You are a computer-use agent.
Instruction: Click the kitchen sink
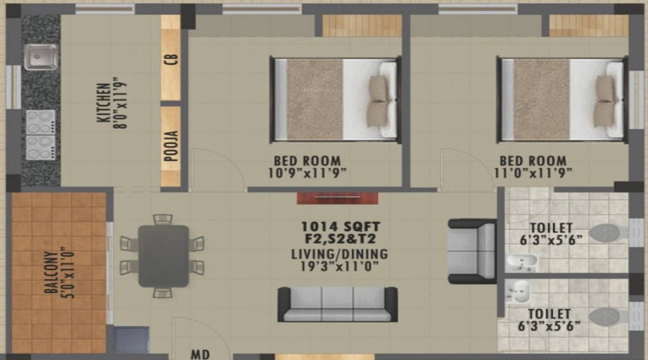pyautogui.click(x=40, y=57)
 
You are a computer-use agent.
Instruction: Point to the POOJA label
pyautogui.click(x=171, y=147)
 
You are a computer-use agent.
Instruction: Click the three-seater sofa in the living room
pyautogui.click(x=338, y=304)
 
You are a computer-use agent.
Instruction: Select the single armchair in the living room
pyautogui.click(x=472, y=251)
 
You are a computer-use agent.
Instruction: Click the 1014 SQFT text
pyautogui.click(x=341, y=226)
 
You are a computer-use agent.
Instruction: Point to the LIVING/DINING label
pyautogui.click(x=340, y=254)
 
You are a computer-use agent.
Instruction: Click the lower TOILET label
pyautogui.click(x=549, y=313)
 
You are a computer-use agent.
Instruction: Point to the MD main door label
pyautogui.click(x=199, y=354)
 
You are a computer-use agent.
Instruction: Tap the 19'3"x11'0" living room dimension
pyautogui.click(x=340, y=267)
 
